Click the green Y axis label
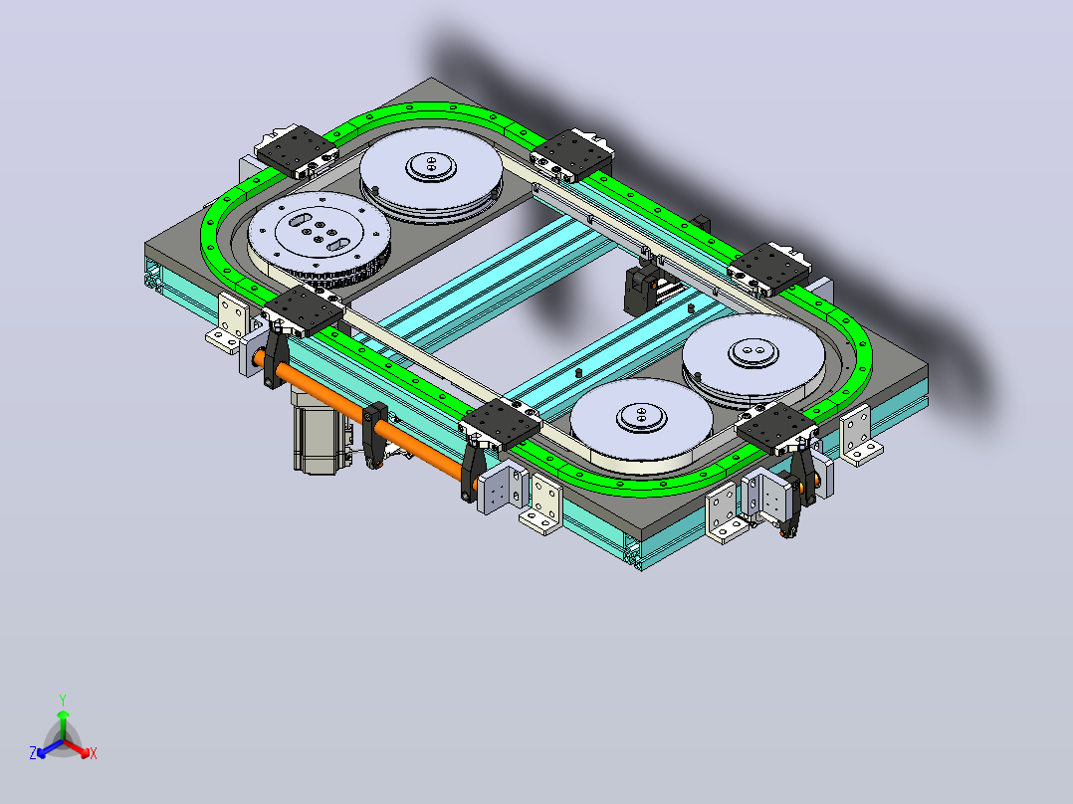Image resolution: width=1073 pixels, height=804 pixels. coord(63,700)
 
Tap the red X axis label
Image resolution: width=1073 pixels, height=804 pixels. coord(94,753)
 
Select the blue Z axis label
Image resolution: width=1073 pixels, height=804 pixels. coord(33,752)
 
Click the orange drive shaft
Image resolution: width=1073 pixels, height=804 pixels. coord(362,414)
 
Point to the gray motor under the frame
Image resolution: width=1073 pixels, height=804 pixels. coord(319,431)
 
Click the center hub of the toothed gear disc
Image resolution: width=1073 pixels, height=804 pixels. coord(320,232)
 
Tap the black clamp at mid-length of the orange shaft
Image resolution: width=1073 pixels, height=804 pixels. coord(375,434)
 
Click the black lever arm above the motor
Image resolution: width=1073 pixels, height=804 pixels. coord(276,356)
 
